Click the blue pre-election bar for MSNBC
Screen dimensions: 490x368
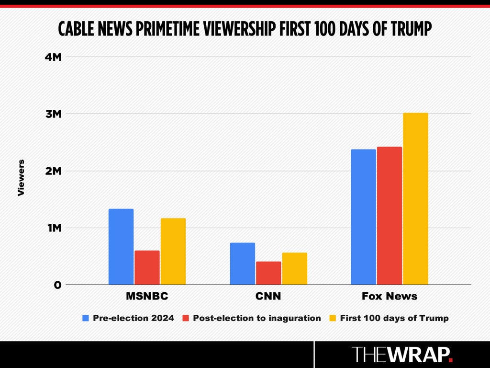point(121,247)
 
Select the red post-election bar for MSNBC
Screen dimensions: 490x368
point(147,267)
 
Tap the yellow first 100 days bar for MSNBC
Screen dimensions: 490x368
point(173,251)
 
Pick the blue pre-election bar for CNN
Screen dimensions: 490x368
point(243,264)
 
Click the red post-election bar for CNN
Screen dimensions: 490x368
point(268,273)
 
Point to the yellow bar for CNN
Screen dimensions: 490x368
point(295,268)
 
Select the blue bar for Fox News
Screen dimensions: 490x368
point(364,217)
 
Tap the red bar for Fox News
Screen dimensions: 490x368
point(390,216)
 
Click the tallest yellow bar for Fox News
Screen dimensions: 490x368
point(416,199)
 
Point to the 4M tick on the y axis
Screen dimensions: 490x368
point(53,57)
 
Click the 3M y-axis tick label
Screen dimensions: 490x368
point(54,114)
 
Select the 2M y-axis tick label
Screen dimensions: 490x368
point(54,171)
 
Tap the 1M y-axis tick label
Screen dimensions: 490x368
point(55,228)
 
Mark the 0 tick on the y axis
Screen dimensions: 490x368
point(58,285)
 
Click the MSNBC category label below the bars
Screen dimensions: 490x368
point(147,296)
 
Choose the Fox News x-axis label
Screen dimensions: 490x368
point(390,296)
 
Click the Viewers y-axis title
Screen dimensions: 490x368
point(21,178)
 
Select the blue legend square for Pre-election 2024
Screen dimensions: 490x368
point(86,318)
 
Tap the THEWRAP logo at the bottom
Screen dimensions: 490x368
point(402,354)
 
